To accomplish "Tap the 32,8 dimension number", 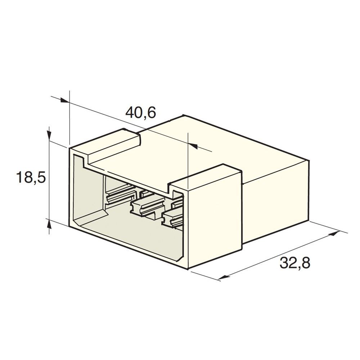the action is [x=295, y=263].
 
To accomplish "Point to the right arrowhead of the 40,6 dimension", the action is [x=193, y=146].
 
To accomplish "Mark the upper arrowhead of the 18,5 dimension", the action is [x=49, y=135].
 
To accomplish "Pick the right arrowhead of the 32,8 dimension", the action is [x=334, y=234].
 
